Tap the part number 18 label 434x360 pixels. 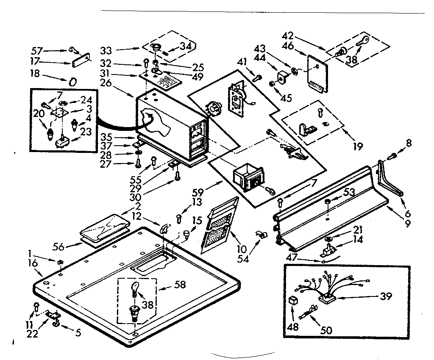pos(35,74)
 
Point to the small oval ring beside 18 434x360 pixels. pos(72,82)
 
